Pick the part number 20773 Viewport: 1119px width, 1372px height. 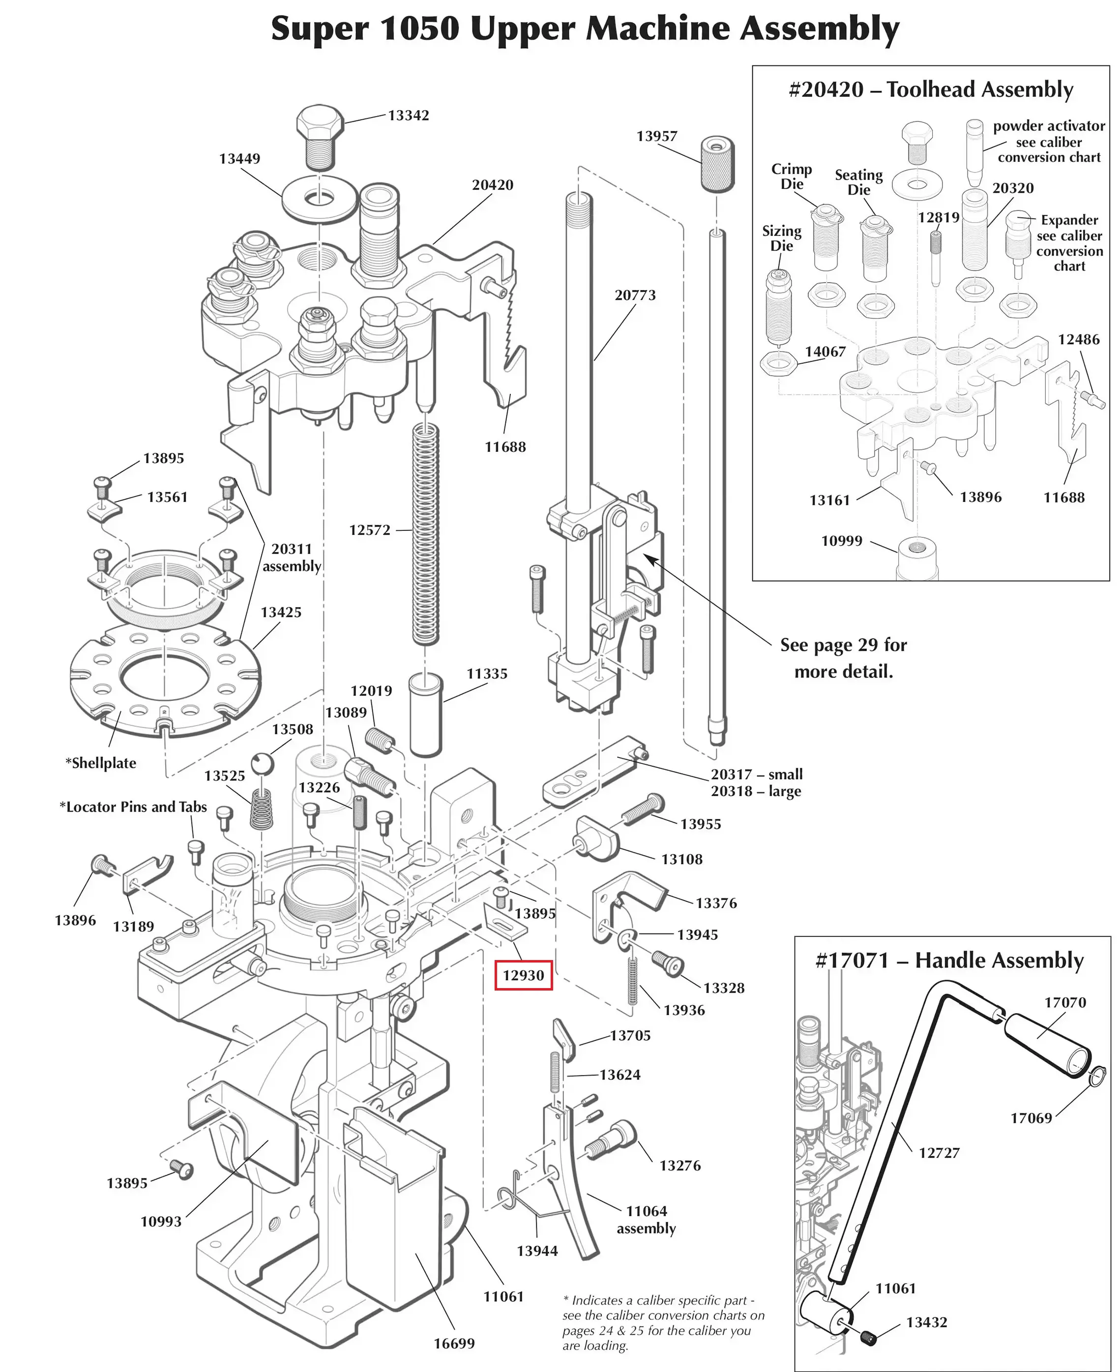pyautogui.click(x=635, y=295)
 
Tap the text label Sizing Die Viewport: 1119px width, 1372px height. pyautogui.click(x=781, y=238)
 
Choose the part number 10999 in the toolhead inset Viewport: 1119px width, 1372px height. pyautogui.click(x=841, y=541)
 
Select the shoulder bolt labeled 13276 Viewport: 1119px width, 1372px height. pyautogui.click(x=610, y=1140)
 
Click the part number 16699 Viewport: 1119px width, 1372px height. pyautogui.click(x=454, y=1343)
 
